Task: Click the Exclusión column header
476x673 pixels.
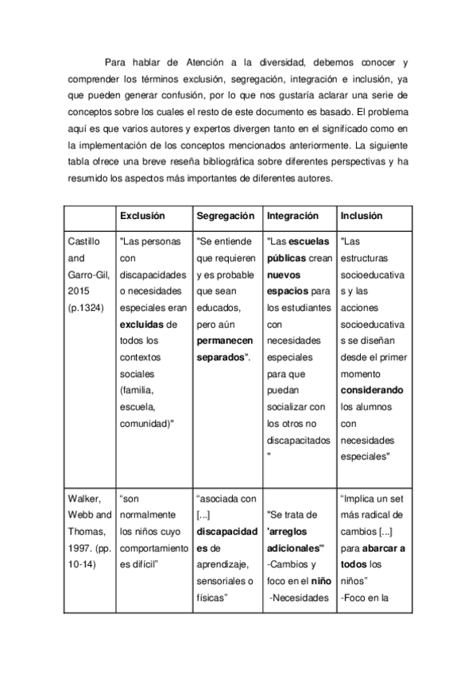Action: click(142, 216)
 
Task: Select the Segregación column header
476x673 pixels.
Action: click(225, 216)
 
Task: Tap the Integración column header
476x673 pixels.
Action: click(292, 216)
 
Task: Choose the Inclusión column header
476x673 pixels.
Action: click(361, 216)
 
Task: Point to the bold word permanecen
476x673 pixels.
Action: click(226, 340)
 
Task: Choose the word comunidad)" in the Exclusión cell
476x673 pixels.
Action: click(146, 424)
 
